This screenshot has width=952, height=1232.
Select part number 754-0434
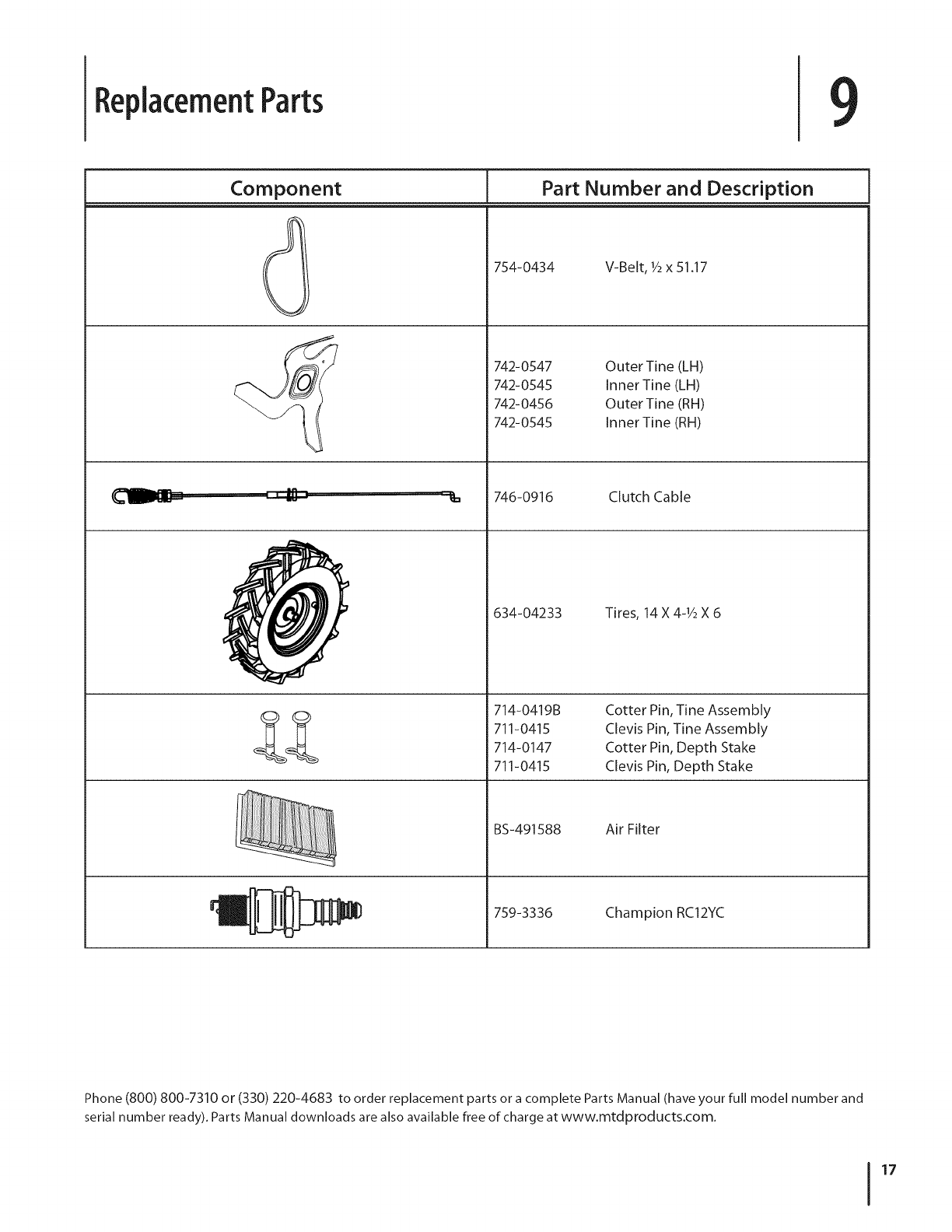524,268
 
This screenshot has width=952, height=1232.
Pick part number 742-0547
523,366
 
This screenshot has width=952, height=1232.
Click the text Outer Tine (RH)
654,404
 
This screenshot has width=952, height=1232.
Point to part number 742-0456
523,404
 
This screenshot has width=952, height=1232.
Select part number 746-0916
523,497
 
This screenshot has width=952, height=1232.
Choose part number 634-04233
527,613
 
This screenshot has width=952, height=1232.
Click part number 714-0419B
527,710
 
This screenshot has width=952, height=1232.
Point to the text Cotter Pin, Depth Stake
680,747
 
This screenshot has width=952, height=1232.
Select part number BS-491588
527,829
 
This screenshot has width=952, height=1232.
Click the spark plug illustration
286,911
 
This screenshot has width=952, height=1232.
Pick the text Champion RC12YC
664,912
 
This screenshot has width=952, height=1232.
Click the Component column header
285,188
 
